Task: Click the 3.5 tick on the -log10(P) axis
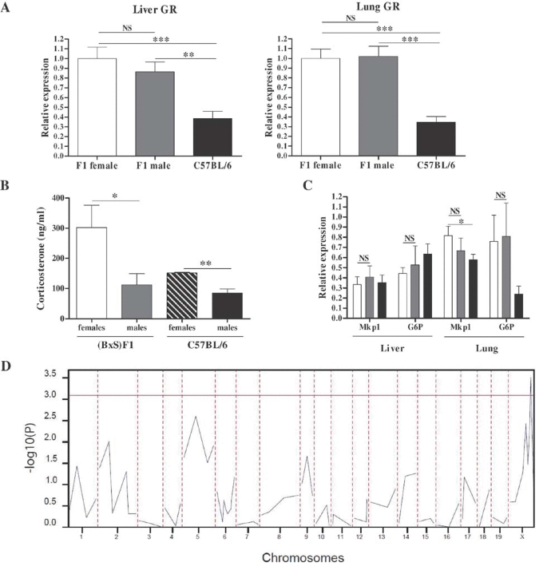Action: (x=50, y=373)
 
